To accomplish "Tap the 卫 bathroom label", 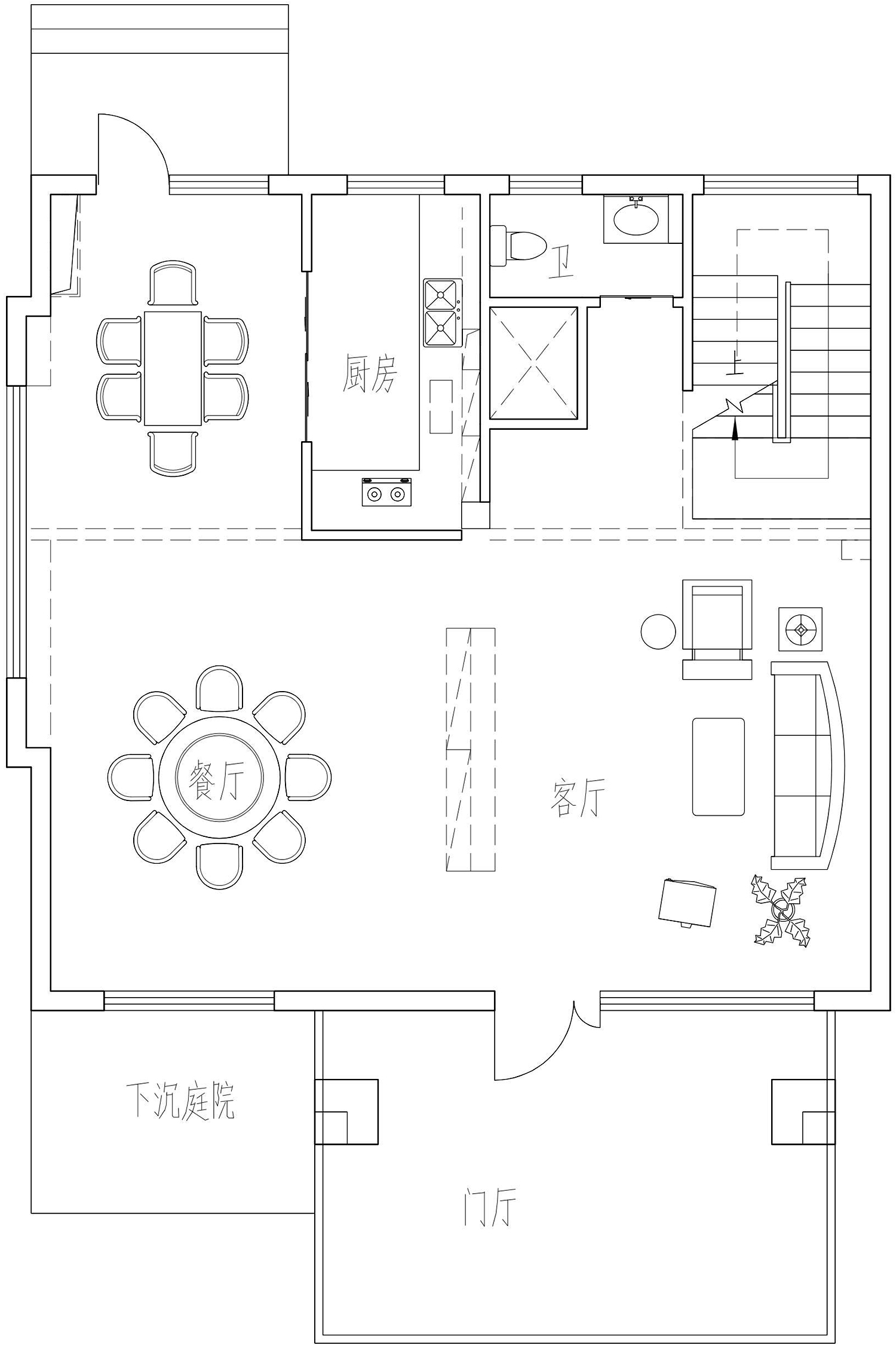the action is point(561,263).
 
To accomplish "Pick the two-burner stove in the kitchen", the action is point(386,492).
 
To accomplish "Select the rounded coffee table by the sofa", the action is point(719,766).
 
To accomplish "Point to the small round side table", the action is point(658,631).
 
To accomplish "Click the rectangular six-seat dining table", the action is point(173,368).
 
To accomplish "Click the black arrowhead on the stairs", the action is point(735,429).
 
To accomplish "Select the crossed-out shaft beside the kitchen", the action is point(533,363).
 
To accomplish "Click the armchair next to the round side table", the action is point(717,628).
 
